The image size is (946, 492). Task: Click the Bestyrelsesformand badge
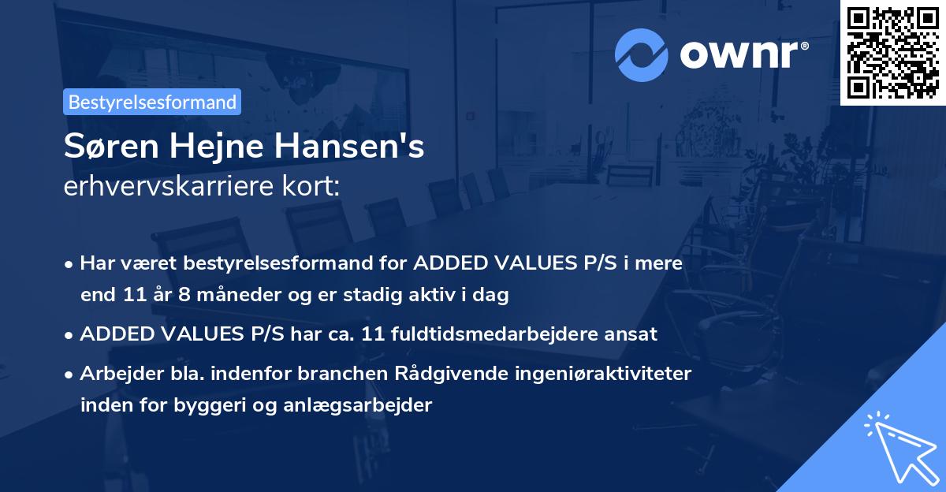(x=152, y=102)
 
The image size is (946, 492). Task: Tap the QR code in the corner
(x=892, y=52)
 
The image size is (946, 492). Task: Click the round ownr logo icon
(x=642, y=54)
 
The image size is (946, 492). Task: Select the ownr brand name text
(x=743, y=54)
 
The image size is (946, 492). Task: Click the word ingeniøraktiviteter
(x=605, y=373)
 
